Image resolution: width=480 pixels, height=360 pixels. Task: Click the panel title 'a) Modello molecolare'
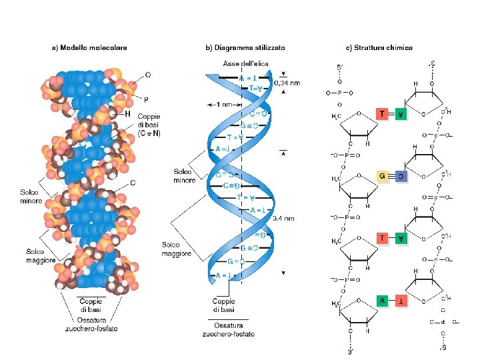pos(90,47)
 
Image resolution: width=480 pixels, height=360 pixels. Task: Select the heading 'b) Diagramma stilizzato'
pos(245,47)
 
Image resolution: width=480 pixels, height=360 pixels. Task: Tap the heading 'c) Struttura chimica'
pos(379,47)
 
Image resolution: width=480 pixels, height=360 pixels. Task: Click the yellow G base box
pos(383,177)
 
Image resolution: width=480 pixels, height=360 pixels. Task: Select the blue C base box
pos(400,177)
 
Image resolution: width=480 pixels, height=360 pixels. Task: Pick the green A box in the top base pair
pos(400,114)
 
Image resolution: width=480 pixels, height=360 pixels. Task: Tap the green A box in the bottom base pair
pos(383,301)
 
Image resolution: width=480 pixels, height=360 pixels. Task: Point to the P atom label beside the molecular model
pos(146,99)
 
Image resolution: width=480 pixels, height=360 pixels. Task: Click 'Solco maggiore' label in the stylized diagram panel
pos(177,249)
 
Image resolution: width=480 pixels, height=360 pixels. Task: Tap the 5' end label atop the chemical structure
pos(339,68)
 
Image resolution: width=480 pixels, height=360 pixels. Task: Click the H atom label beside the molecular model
pos(127,114)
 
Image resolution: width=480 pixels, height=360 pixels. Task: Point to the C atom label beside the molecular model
pos(133,182)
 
